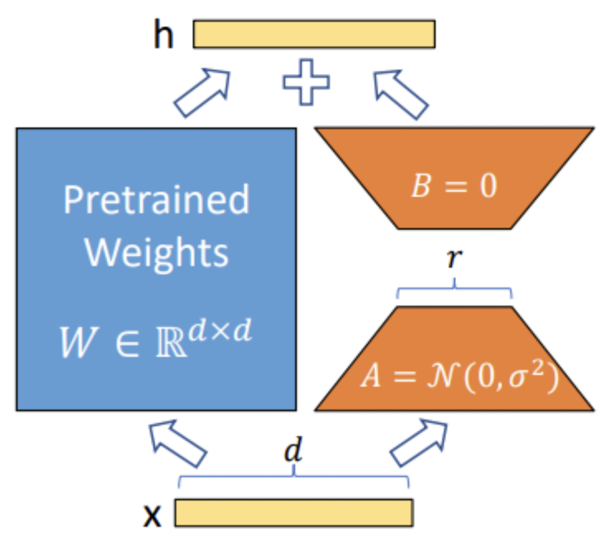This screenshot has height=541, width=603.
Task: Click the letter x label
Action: tap(151, 516)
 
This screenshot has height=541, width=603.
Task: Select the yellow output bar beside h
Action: tap(314, 34)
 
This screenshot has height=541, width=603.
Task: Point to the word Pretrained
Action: tap(156, 200)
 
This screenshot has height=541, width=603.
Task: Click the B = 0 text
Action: tap(453, 187)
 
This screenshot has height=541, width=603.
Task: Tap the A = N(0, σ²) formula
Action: tap(458, 379)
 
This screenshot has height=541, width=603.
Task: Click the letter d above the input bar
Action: tap(293, 452)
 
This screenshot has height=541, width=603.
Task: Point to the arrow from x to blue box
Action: tap(176, 443)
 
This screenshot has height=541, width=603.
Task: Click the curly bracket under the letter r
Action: tap(454, 291)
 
